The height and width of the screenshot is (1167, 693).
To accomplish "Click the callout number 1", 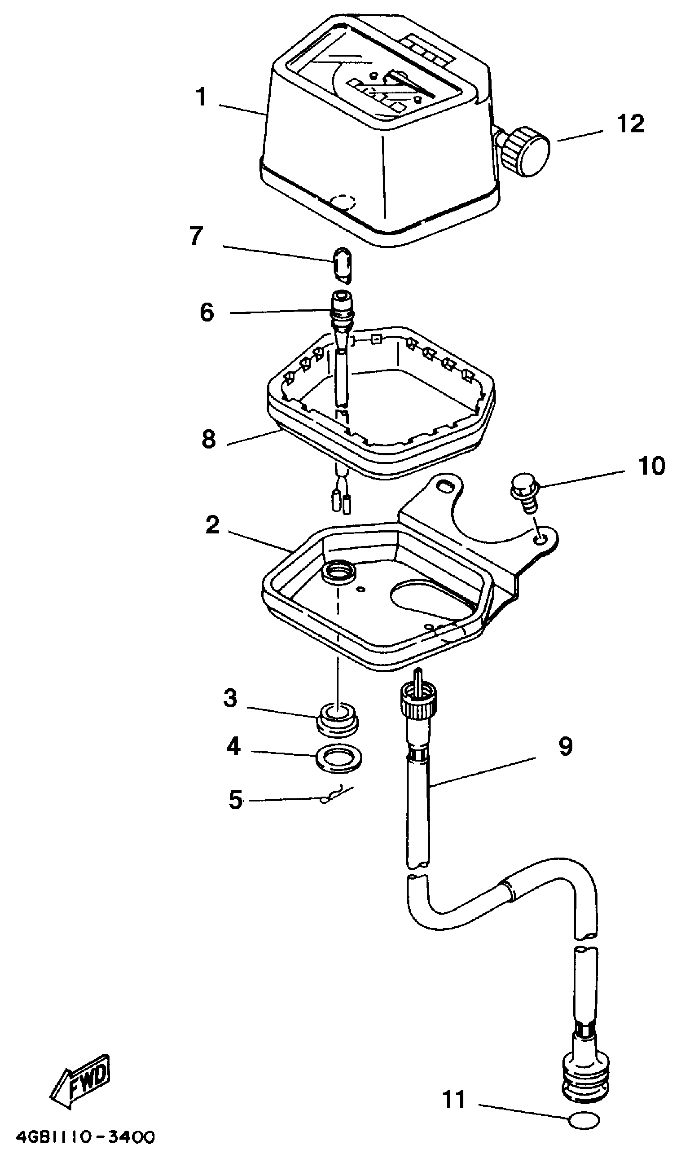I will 201,97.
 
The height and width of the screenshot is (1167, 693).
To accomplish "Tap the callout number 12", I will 630,124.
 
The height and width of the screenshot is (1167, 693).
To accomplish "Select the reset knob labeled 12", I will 525,150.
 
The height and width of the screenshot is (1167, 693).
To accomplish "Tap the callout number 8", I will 209,439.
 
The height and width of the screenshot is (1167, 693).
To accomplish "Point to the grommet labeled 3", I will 338,721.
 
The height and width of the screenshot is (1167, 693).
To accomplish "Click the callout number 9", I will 565,746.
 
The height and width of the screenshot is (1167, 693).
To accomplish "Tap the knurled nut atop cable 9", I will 418,702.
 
